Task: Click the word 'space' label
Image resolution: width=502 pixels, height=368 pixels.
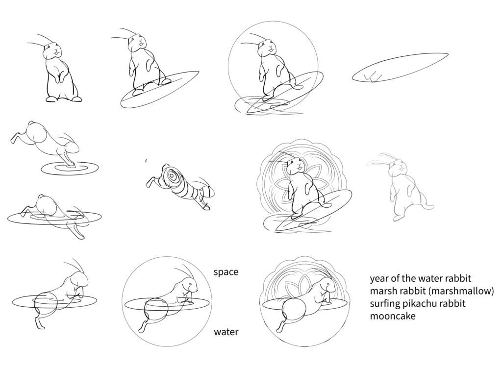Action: pyautogui.click(x=226, y=272)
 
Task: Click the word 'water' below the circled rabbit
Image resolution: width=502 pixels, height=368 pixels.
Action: pyautogui.click(x=226, y=332)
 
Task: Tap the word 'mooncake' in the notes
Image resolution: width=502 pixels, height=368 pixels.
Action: pyautogui.click(x=393, y=316)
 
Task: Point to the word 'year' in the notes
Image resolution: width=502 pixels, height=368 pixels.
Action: pyautogui.click(x=379, y=279)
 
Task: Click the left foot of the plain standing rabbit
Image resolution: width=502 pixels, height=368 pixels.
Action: pyautogui.click(x=51, y=99)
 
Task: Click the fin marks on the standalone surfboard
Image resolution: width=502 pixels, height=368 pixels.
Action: pyautogui.click(x=375, y=76)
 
